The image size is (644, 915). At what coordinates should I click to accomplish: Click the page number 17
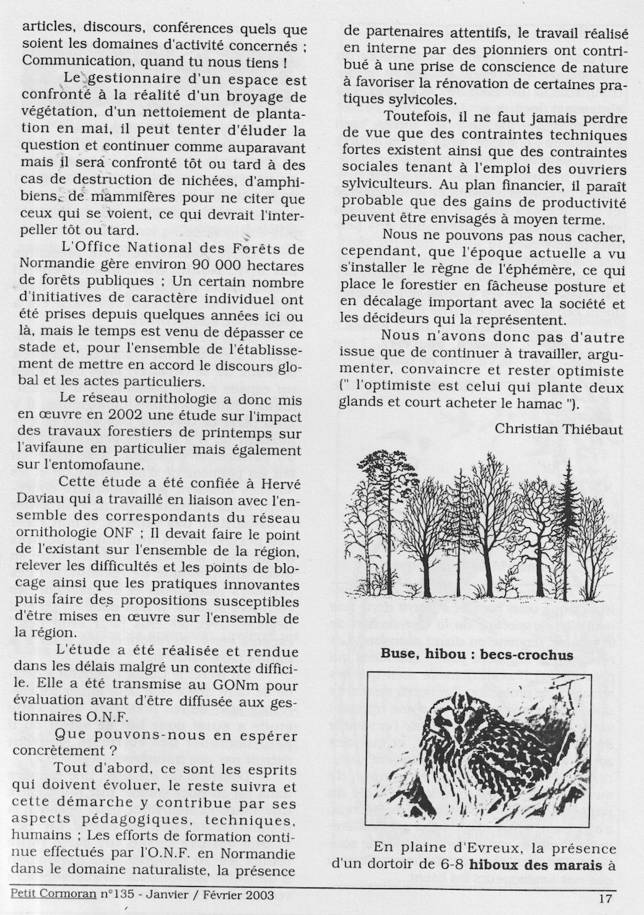(605, 898)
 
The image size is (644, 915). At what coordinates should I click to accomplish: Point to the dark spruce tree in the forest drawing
(567, 527)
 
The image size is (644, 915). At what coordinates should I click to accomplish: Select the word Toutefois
(419, 116)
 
